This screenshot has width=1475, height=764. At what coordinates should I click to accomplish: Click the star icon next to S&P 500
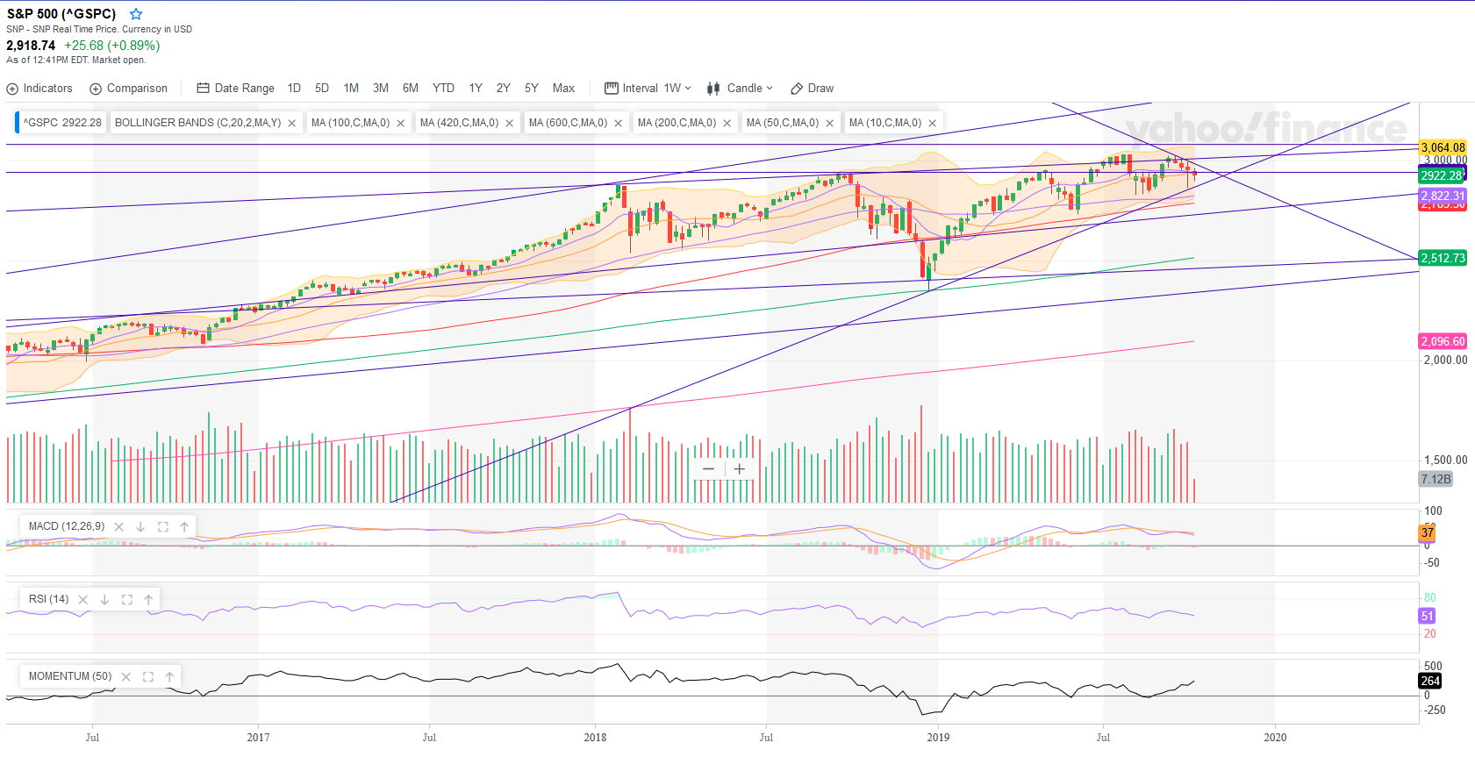pos(136,14)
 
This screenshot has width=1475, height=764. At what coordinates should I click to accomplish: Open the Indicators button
pos(39,89)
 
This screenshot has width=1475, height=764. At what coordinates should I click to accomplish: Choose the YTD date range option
pos(443,89)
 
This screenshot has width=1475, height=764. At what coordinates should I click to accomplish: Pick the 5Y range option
pos(531,89)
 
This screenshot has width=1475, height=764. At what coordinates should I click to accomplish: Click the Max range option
pos(563,89)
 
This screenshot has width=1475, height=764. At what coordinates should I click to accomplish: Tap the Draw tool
pos(812,89)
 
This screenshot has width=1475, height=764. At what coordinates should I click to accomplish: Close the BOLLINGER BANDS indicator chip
pos(292,123)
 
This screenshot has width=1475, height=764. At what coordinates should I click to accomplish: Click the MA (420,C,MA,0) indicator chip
pos(459,123)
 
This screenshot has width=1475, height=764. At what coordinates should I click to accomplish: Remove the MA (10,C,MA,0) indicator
pos(932,123)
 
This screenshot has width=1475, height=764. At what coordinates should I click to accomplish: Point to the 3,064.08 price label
pos(1443,147)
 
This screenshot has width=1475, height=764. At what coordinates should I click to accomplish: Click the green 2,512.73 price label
pos(1443,258)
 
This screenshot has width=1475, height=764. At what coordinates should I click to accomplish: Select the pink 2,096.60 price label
pos(1443,341)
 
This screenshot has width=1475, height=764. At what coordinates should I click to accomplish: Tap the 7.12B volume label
pos(1436,479)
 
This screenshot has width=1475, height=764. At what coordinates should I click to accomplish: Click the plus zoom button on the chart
pos(740,469)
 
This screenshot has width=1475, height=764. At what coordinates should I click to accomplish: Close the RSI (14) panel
pos(83,600)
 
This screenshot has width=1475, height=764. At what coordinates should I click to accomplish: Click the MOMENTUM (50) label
pos(70,676)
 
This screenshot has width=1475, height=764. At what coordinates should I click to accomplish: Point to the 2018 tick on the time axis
pos(595,737)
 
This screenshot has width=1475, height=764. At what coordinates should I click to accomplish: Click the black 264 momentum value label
pos(1430,681)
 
